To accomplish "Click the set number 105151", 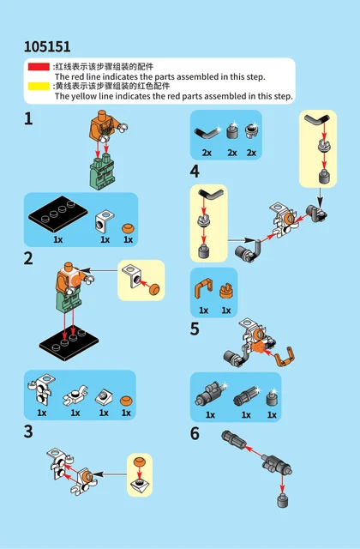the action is (x=47, y=46).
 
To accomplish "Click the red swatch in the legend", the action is (x=39, y=67).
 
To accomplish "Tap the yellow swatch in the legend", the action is (x=39, y=86).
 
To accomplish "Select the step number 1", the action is (x=28, y=119).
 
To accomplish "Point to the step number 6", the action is (x=195, y=433).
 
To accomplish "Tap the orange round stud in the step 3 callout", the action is (x=139, y=462).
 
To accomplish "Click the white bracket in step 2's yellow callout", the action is (x=132, y=276).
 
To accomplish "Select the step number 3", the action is (x=28, y=431).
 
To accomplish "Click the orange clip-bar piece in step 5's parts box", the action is (x=203, y=290).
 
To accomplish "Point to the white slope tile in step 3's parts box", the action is (x=104, y=396).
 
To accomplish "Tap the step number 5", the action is (x=195, y=329).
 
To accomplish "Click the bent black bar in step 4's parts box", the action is (x=207, y=134).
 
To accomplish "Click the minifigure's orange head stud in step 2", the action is (x=69, y=265).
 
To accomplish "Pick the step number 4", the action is (x=195, y=172).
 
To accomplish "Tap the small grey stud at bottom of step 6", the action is (x=283, y=500).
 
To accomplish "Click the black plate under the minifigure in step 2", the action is (x=69, y=343).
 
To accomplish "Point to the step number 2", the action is (x=28, y=259).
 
